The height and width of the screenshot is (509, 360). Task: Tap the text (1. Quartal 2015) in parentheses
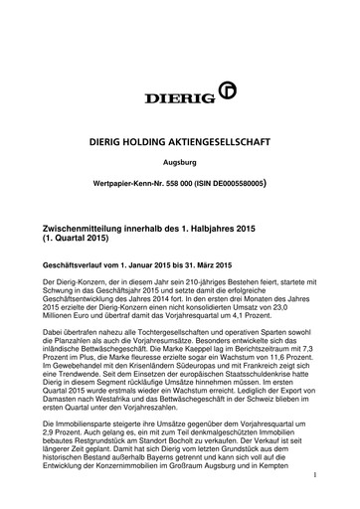click(x=77, y=240)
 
